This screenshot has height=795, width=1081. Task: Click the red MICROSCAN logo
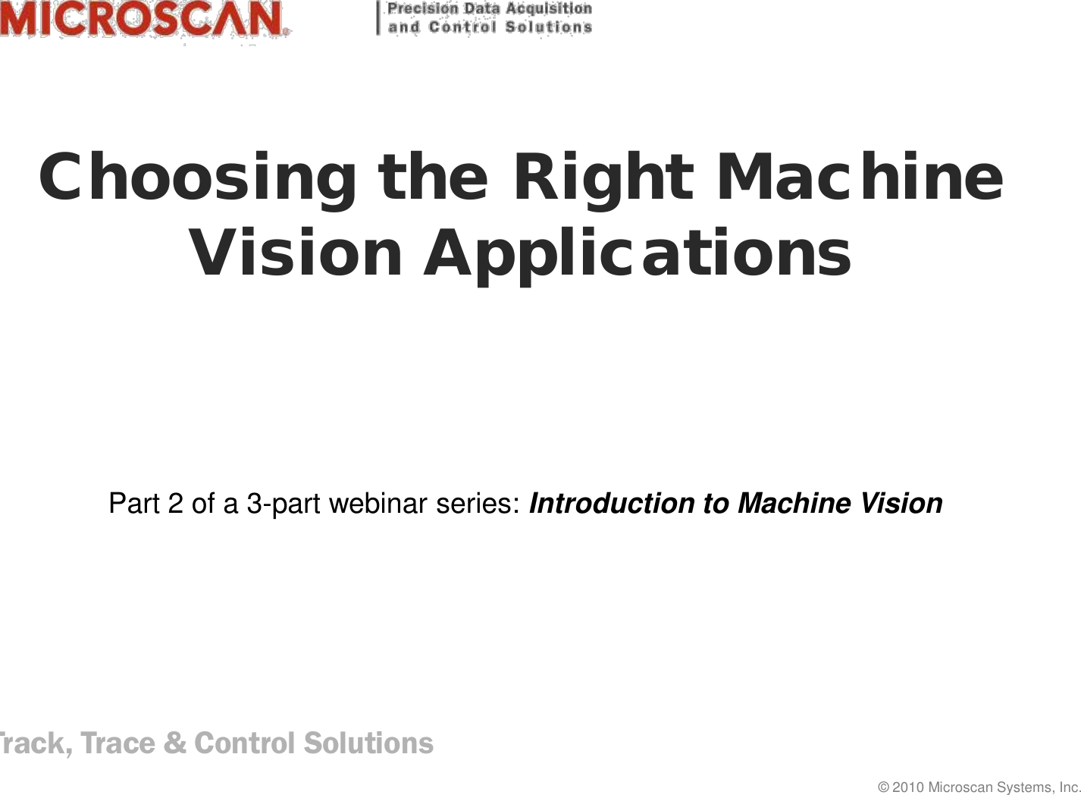[x=144, y=18]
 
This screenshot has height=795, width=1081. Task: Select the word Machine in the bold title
[x=861, y=176]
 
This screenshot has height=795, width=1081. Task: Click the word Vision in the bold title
[x=296, y=252]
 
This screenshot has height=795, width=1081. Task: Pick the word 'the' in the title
[x=433, y=176]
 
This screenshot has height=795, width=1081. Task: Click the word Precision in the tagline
[x=423, y=9]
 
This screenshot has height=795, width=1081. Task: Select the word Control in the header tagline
[x=462, y=27]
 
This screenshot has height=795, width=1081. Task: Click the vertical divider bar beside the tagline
[x=378, y=18]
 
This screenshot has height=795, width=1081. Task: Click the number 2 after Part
[x=176, y=503]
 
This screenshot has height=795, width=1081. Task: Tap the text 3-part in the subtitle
[x=284, y=504]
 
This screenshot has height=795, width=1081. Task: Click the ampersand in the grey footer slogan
[x=174, y=743]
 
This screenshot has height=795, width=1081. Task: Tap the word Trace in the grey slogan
[x=118, y=743]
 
